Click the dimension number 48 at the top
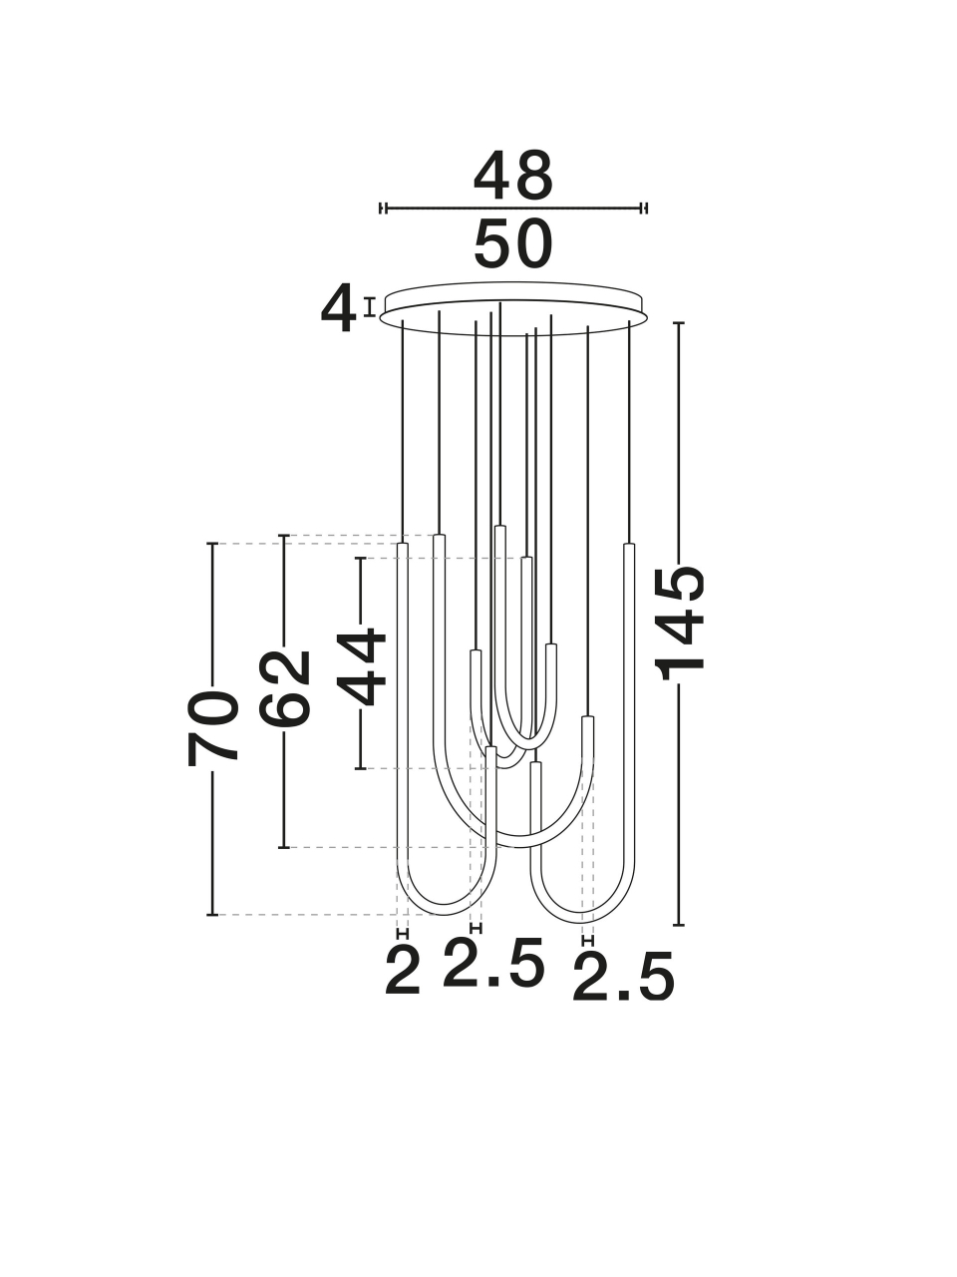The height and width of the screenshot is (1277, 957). coord(513,176)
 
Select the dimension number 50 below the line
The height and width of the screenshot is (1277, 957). coord(513,244)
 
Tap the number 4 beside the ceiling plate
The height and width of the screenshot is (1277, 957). coord(338,307)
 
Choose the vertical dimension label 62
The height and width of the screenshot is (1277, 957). coord(285,688)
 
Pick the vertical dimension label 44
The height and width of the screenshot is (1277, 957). coord(361,666)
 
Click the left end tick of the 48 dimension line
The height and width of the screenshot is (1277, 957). coord(383,208)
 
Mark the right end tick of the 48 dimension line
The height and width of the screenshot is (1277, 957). coord(644,208)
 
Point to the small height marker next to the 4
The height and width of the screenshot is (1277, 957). coord(369,306)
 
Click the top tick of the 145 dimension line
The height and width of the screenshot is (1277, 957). coord(678,322)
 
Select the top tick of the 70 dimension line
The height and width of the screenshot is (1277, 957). coord(212,544)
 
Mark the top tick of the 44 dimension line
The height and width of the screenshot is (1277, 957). coord(360,558)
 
